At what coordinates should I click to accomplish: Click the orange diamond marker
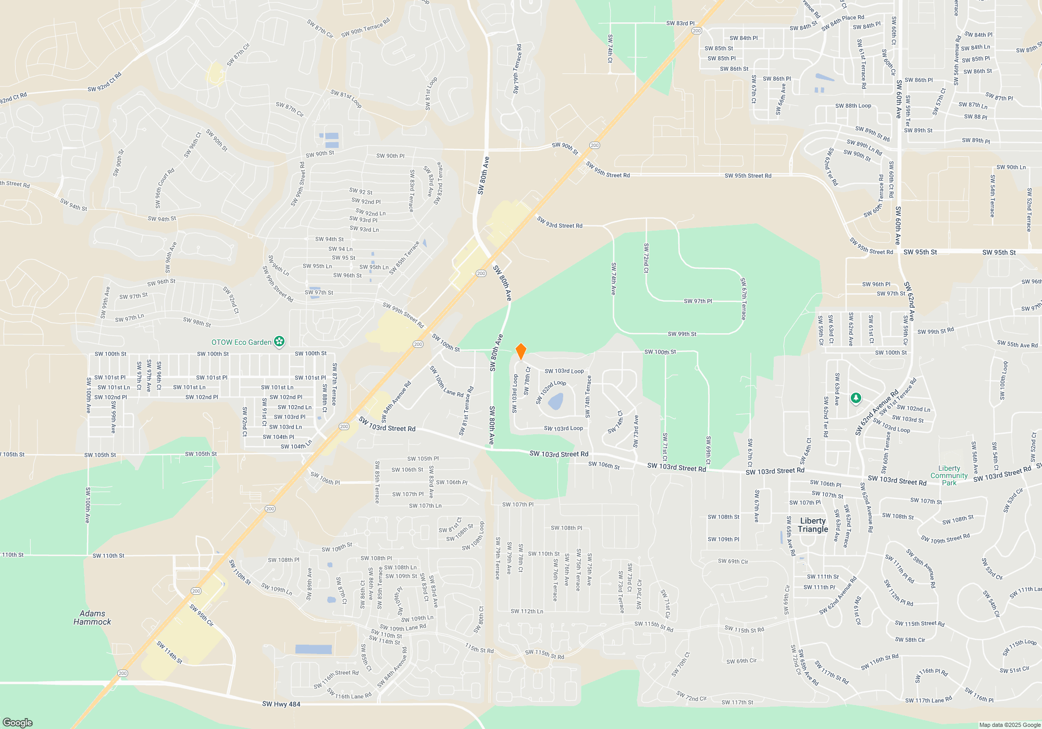520,351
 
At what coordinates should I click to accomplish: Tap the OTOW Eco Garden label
241,342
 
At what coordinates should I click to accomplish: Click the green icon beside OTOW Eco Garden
280,342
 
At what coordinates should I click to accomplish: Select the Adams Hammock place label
92,618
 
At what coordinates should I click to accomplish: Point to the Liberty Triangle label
813,525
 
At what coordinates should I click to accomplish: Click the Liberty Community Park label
949,475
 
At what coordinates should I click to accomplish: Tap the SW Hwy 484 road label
281,704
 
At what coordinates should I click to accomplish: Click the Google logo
18,722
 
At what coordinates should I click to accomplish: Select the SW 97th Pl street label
698,301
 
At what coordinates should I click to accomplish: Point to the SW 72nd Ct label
646,258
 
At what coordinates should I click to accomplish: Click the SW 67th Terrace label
743,298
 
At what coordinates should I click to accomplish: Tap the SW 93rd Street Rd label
560,223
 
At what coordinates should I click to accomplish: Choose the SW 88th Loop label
853,106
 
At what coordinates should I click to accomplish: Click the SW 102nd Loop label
550,391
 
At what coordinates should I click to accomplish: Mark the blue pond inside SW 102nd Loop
555,401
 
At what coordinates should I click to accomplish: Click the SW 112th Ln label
527,611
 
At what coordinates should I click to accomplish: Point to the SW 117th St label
737,702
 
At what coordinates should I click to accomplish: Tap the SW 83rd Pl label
680,23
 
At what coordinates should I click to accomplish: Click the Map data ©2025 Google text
1009,725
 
